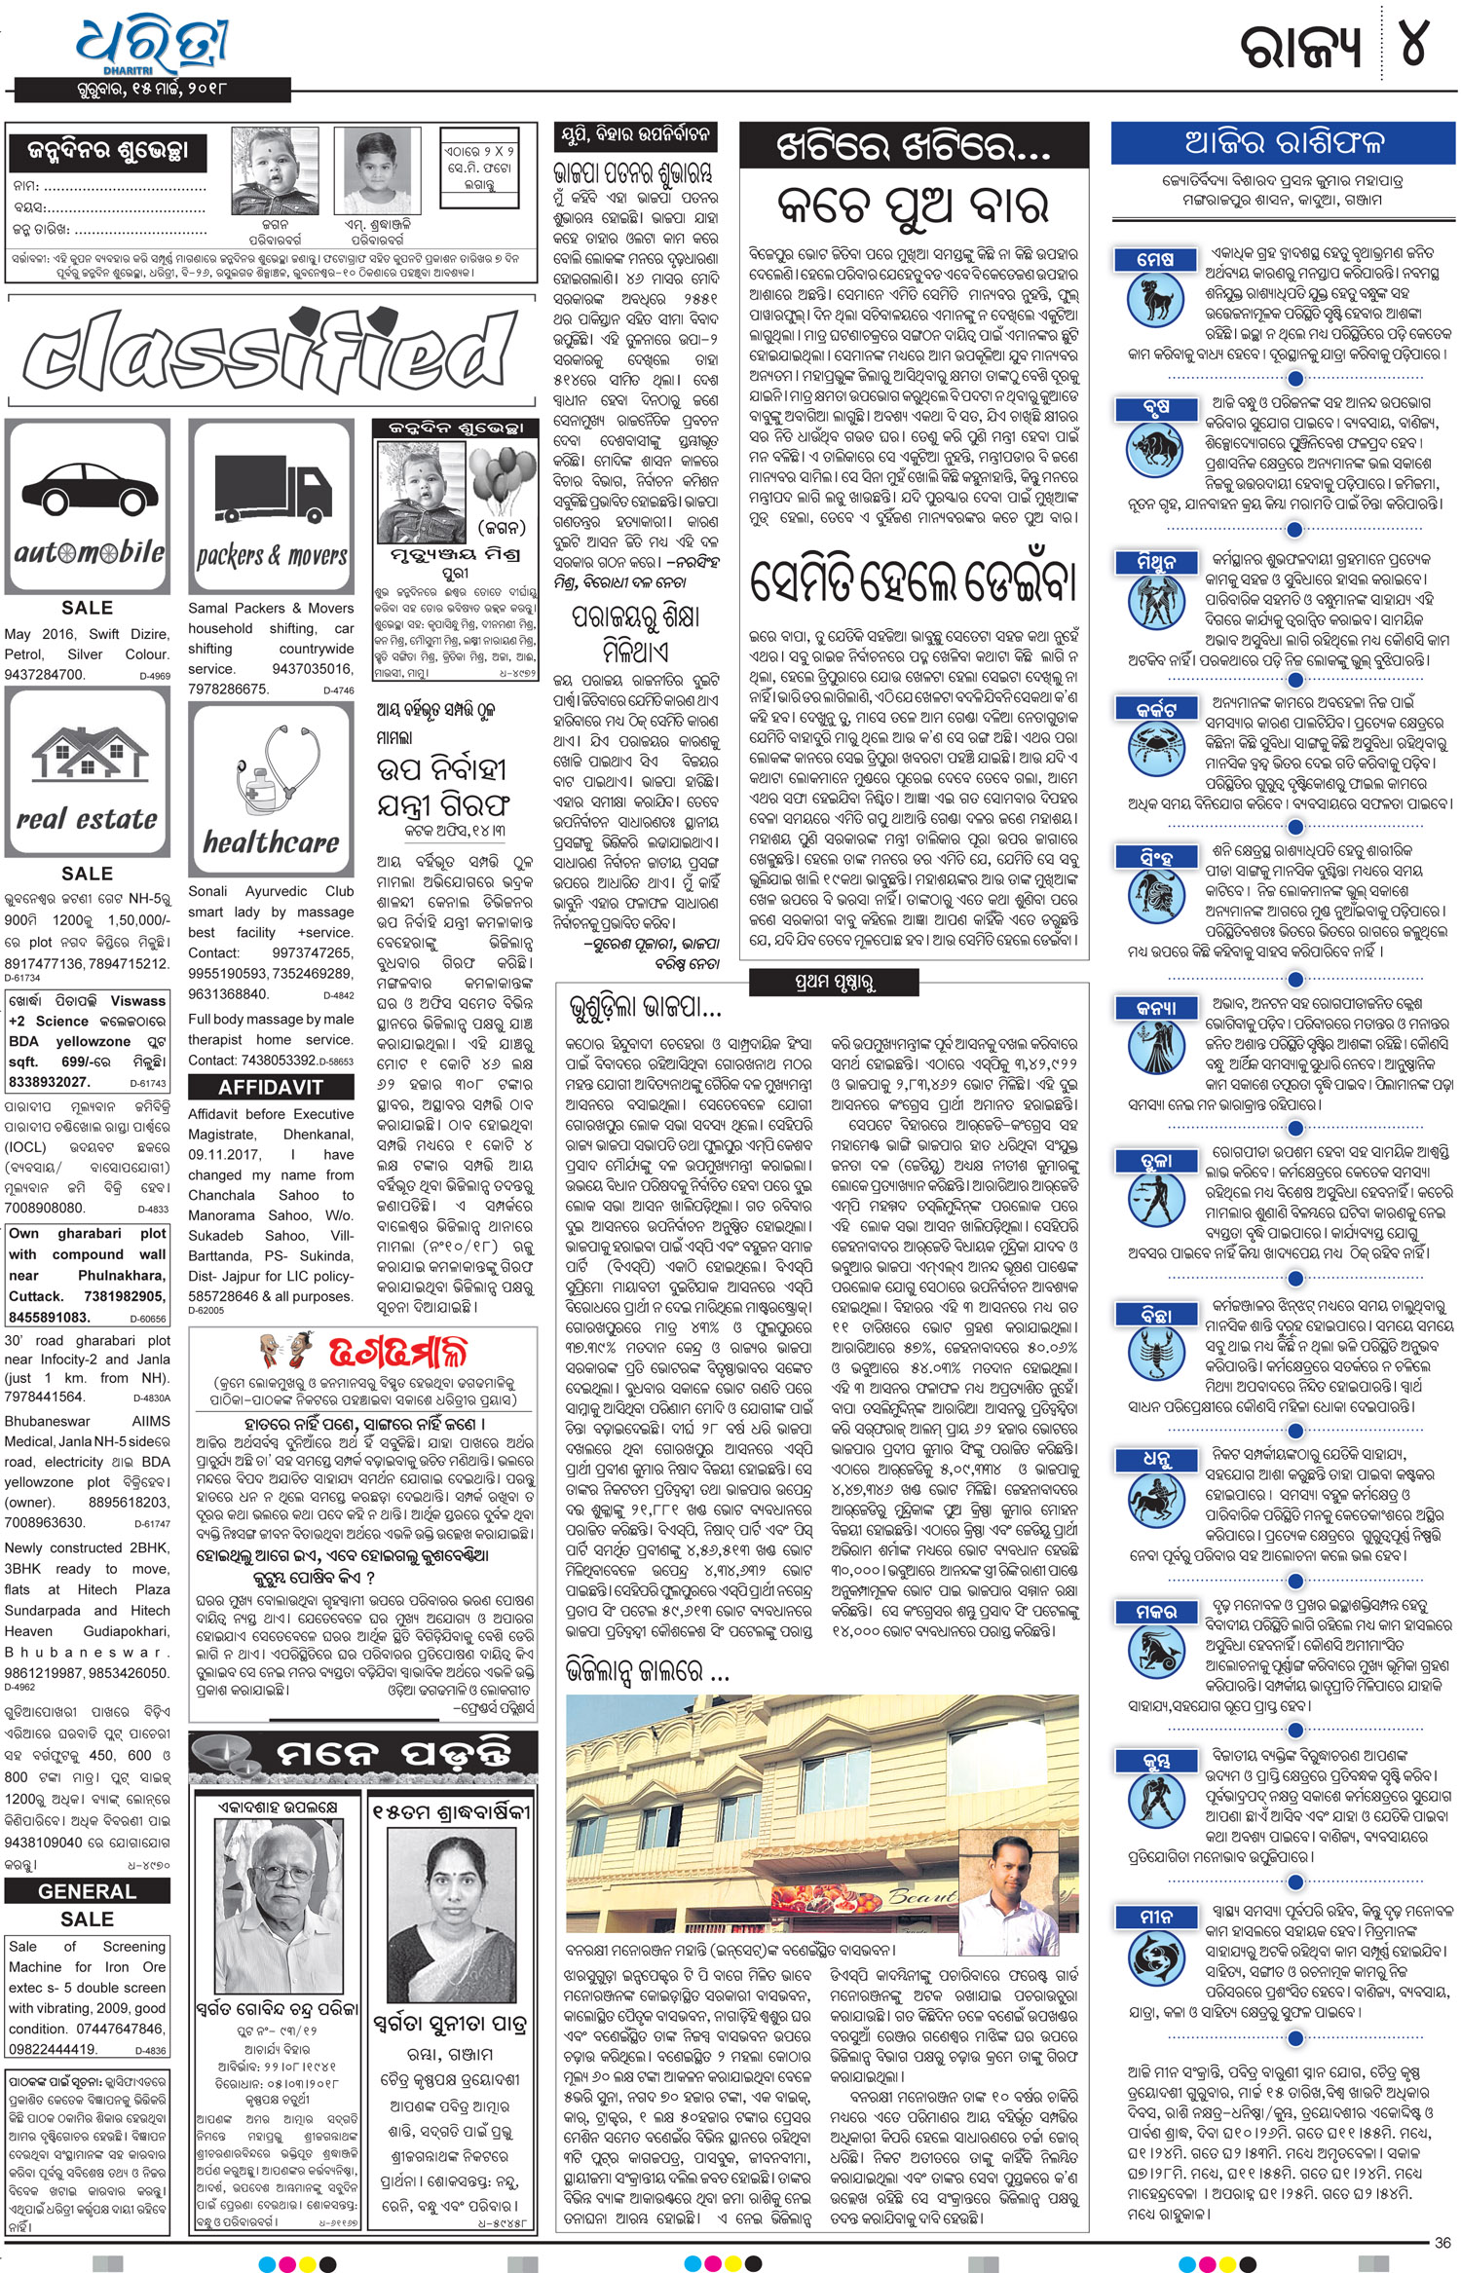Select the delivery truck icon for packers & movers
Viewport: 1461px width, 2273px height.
click(272, 491)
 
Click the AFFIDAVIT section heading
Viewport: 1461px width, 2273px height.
click(270, 1088)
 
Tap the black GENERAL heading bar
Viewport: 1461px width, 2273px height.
click(87, 1891)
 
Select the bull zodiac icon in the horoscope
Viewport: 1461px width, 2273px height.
click(1155, 448)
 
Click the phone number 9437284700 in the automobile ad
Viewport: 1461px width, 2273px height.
click(45, 675)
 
